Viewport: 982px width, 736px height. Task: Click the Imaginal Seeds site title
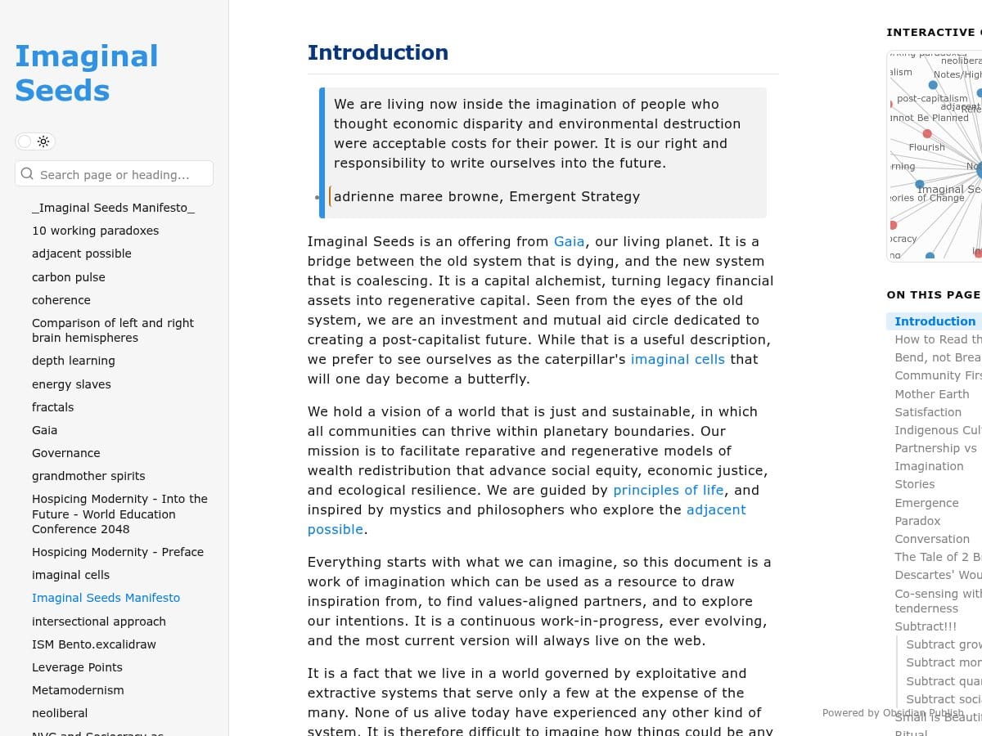(86, 73)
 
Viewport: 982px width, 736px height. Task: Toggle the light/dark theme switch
(35, 141)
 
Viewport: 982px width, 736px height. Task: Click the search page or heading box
(115, 174)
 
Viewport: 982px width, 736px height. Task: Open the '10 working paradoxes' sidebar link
(95, 231)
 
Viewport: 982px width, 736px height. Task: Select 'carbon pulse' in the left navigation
(68, 277)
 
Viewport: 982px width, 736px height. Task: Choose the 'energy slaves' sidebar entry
(71, 384)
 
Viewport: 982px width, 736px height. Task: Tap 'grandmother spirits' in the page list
(88, 476)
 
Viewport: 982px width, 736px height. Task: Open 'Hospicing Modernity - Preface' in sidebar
(117, 552)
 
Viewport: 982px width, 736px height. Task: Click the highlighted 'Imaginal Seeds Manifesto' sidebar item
(106, 598)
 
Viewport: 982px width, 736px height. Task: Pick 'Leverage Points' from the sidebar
(77, 667)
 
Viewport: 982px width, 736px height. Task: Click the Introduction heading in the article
(377, 52)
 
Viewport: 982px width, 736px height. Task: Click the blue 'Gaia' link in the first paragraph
(569, 241)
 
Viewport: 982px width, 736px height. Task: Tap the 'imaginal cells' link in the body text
(678, 359)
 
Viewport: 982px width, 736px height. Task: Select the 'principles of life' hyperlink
(669, 490)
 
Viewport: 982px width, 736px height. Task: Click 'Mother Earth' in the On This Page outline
(931, 393)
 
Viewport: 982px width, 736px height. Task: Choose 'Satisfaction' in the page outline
(928, 412)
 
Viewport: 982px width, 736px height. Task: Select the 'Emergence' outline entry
(926, 503)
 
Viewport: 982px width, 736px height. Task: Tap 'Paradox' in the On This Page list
(917, 521)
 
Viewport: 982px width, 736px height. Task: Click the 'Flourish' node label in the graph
(926, 147)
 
